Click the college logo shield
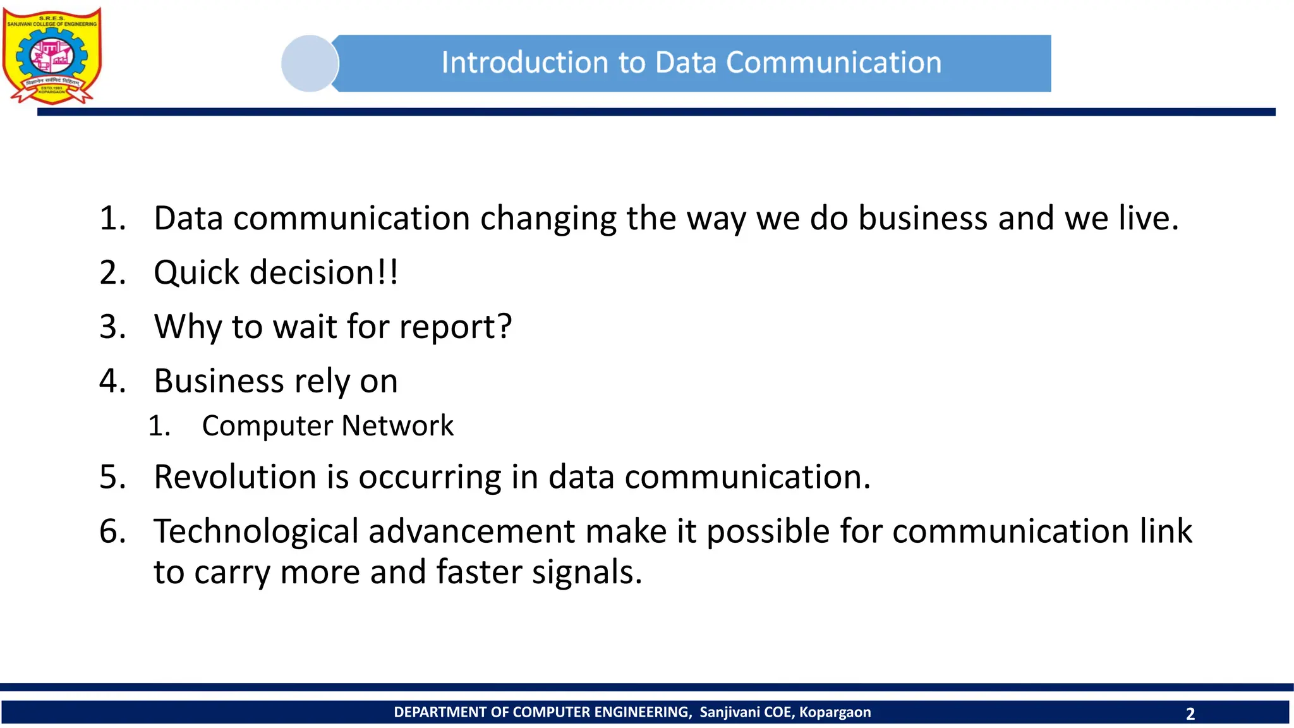[52, 56]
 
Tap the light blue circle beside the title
[309, 63]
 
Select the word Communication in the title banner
[833, 63]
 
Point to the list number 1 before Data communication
[112, 219]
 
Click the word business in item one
[922, 219]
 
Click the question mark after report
[504, 327]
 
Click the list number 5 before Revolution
[112, 477]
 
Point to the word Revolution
[234, 477]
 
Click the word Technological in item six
[256, 531]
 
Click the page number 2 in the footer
[1190, 714]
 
